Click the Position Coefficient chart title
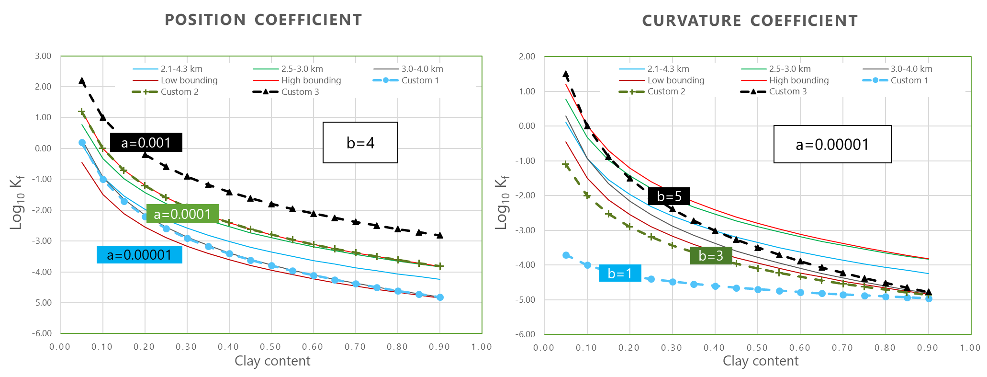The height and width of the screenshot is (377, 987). [x=263, y=20]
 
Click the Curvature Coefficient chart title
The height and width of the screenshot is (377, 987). [x=750, y=21]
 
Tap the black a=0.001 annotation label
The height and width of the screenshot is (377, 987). [x=146, y=142]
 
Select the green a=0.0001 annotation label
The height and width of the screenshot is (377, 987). [x=182, y=214]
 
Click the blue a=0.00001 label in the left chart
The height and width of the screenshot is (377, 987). [x=139, y=254]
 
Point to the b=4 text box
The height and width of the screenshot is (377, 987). [x=360, y=142]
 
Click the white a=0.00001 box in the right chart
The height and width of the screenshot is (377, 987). [x=832, y=144]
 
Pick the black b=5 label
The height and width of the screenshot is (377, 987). [x=669, y=196]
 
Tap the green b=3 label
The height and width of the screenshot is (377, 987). [x=711, y=255]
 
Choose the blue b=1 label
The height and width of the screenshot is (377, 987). [x=620, y=273]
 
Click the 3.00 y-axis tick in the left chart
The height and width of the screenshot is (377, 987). [x=43, y=56]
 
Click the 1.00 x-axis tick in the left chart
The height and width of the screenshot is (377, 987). [x=482, y=347]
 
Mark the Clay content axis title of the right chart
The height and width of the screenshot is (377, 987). [x=760, y=361]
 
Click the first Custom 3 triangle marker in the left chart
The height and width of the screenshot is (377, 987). [x=82, y=80]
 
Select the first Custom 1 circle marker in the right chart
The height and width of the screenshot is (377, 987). [x=566, y=255]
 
